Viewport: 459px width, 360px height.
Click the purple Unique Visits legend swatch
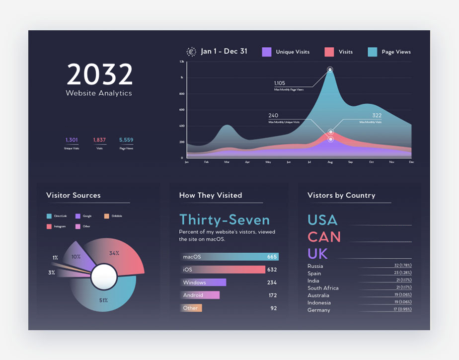coord(267,52)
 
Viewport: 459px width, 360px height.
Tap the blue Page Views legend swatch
coord(373,52)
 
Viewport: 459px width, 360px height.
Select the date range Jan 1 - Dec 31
coord(224,51)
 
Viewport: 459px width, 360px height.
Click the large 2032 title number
coord(100,74)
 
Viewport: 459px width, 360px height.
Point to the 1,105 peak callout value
coord(280,83)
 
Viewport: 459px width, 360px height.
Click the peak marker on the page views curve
coord(330,70)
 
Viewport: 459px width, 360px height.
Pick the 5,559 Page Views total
coord(126,140)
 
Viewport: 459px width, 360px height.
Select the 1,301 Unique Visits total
coord(72,140)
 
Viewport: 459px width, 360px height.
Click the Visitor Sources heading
coord(73,195)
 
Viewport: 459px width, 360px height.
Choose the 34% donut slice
coord(119,256)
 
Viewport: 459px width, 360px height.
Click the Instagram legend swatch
coord(49,226)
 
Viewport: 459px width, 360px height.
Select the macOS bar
coord(229,257)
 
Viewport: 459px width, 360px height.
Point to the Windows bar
coord(203,283)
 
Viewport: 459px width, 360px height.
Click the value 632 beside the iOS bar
coord(272,270)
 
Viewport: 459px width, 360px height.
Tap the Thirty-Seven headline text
coord(225,220)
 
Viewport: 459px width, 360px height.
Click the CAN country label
coord(324,237)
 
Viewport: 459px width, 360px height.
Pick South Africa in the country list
coord(323,288)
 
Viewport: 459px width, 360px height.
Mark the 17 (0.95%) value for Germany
coord(402,310)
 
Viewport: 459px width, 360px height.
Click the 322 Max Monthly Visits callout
coord(377,116)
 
